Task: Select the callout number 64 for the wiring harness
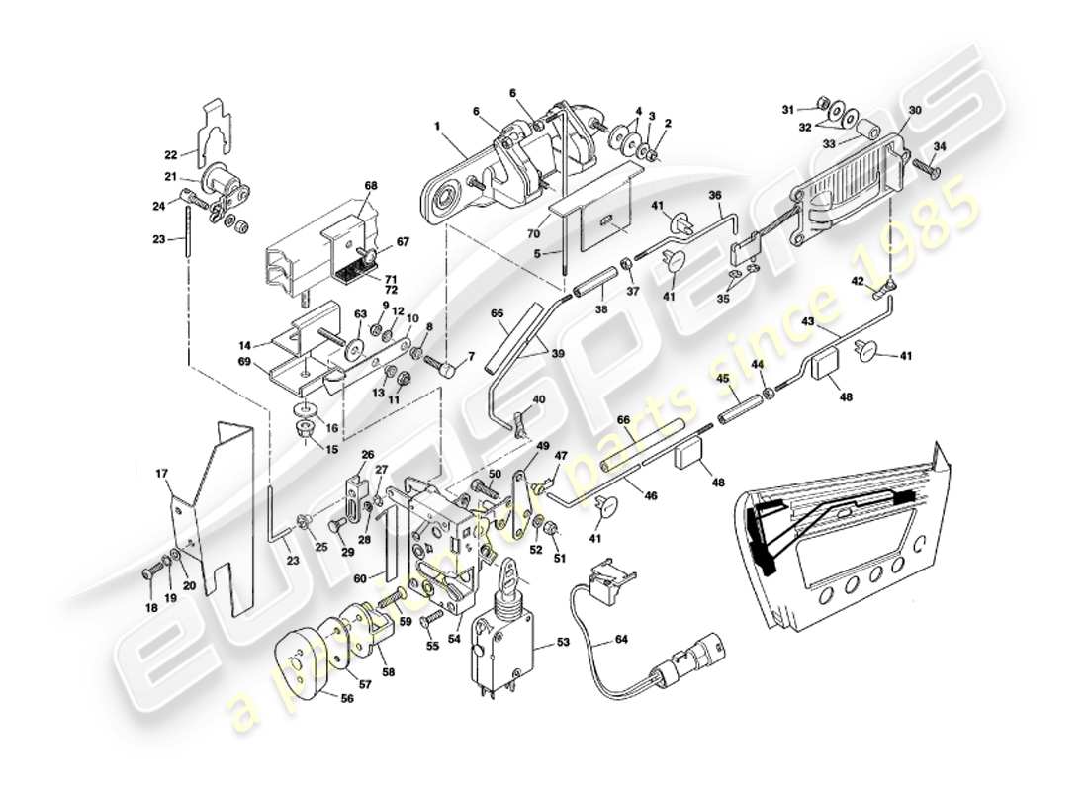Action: click(x=620, y=639)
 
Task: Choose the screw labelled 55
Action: click(x=430, y=622)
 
